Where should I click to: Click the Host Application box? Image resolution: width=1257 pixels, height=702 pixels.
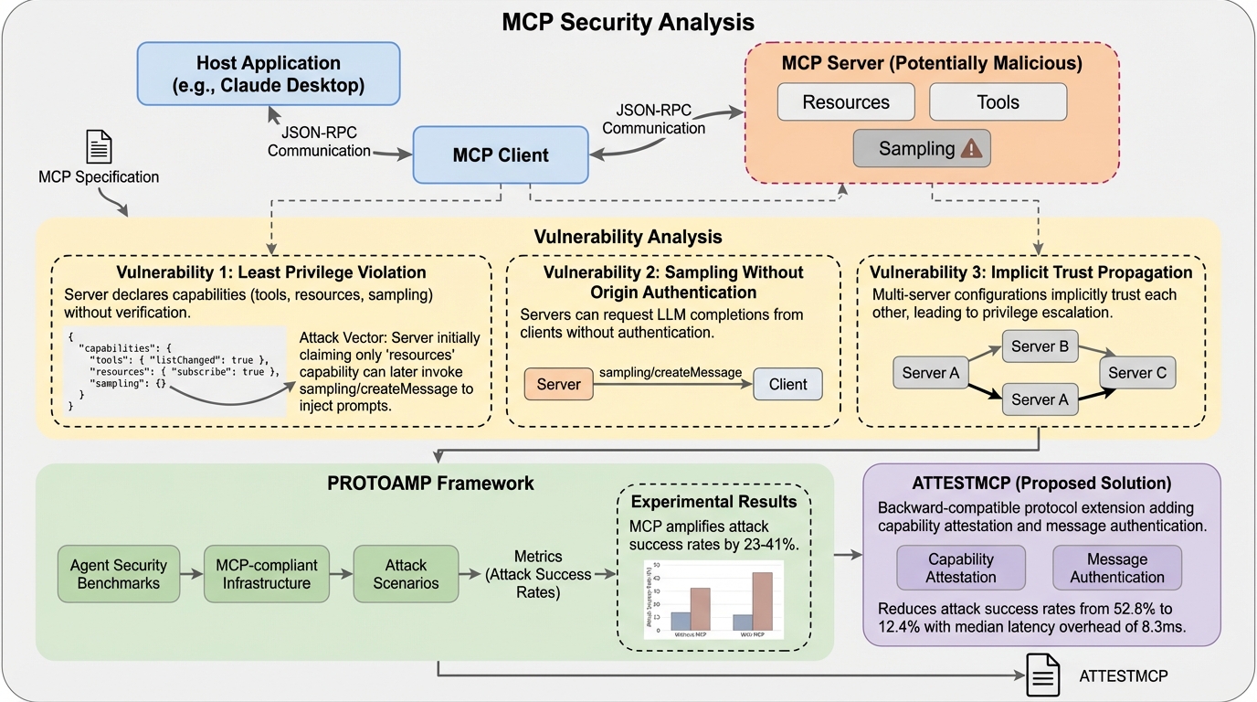[x=269, y=75]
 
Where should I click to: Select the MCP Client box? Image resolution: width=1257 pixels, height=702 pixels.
[x=501, y=154]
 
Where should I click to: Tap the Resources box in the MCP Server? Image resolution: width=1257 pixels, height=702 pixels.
[x=846, y=102]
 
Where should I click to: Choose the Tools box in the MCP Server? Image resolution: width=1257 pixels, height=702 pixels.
[x=998, y=102]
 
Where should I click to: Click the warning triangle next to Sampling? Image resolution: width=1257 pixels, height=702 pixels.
[x=972, y=149]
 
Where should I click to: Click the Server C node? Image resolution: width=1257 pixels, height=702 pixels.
[x=1137, y=373]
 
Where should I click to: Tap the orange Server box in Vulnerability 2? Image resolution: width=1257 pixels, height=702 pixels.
[x=558, y=385]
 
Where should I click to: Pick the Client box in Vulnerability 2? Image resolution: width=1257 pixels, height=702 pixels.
[x=787, y=385]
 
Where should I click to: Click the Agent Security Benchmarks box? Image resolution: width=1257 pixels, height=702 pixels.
[x=114, y=574]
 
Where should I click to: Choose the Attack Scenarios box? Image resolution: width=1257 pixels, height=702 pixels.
[x=405, y=574]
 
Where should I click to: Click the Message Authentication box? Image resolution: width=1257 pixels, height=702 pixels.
[x=1117, y=568]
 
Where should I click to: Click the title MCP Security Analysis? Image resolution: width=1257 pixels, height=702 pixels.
[x=628, y=22]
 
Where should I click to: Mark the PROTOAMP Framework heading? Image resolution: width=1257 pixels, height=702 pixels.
[x=430, y=483]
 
